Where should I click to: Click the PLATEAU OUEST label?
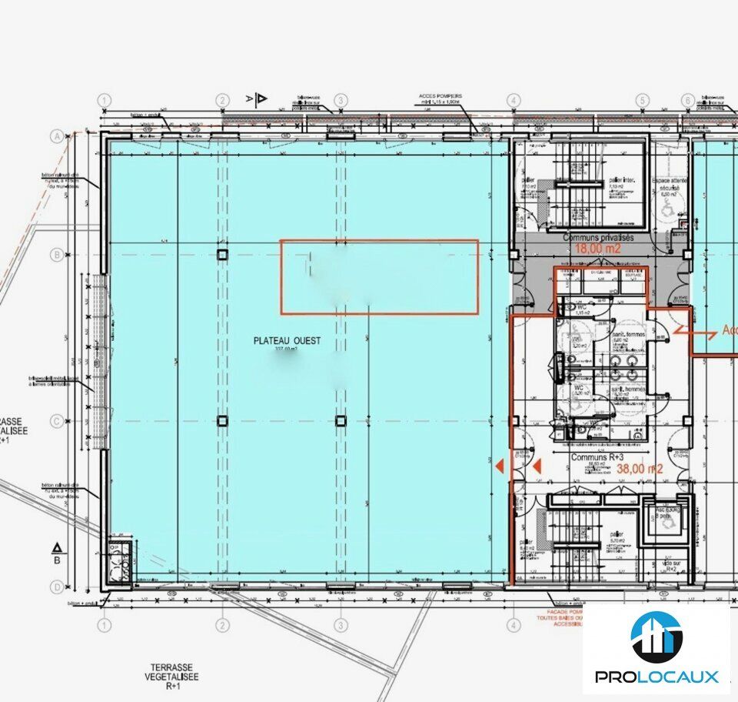pos(288,341)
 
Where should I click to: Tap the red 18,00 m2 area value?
pos(597,249)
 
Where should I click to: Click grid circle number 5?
pos(642,100)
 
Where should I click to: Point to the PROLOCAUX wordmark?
pos(657,677)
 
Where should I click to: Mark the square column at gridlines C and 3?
pos(341,420)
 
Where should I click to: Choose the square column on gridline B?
pos(222,254)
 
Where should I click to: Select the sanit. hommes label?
pos(623,389)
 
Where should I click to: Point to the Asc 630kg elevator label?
pos(666,510)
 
